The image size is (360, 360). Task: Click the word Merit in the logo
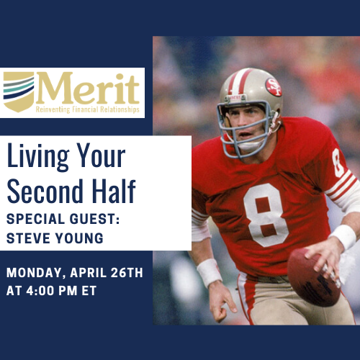[88, 88]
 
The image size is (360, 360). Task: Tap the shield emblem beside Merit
[19, 91]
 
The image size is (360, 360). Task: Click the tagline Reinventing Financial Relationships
[88, 109]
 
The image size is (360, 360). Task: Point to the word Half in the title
[114, 192]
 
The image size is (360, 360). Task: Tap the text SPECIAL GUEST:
[63, 219]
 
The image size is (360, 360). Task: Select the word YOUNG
[79, 238]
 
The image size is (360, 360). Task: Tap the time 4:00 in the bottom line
[40, 291]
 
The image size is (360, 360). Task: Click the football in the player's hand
[314, 277]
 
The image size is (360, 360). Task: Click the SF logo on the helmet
[274, 87]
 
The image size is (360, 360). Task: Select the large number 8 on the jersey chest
[266, 215]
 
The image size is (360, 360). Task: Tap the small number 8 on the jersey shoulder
[338, 163]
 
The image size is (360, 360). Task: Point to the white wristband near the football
[343, 237]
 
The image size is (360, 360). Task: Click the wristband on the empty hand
[210, 272]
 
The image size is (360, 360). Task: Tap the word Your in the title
[101, 155]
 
